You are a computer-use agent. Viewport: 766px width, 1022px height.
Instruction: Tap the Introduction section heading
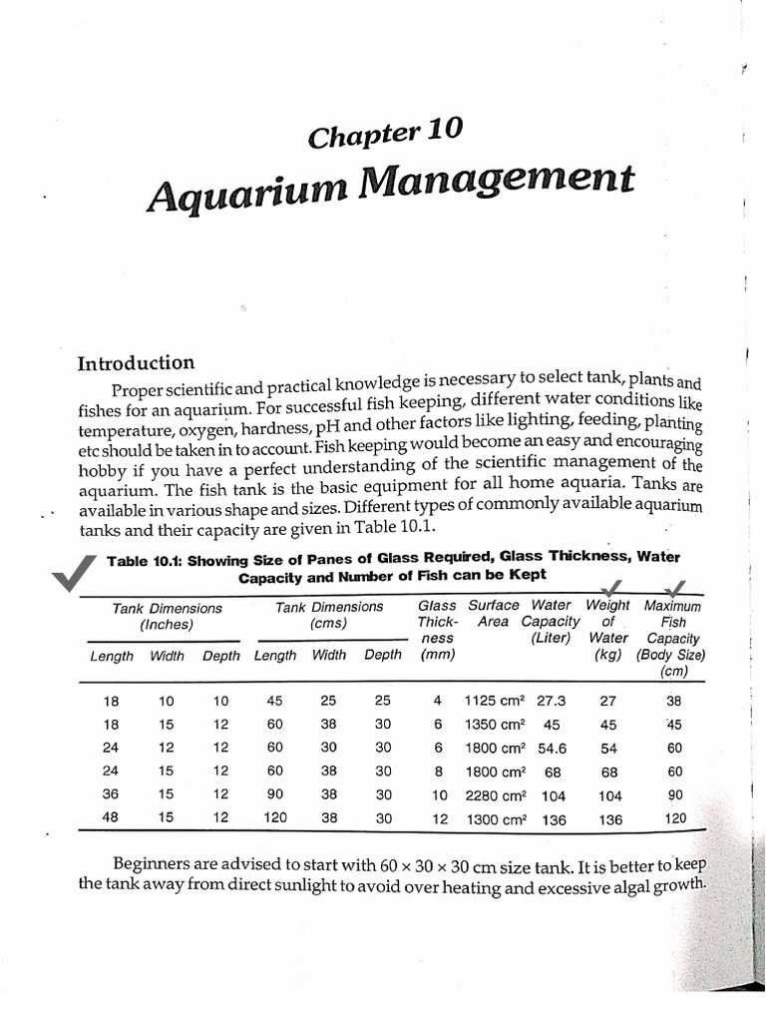tap(136, 363)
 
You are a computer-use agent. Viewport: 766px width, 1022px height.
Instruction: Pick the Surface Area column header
tap(493, 613)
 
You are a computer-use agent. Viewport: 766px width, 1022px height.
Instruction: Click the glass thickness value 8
tap(435, 771)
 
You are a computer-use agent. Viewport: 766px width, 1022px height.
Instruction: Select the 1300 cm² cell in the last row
tap(493, 819)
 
